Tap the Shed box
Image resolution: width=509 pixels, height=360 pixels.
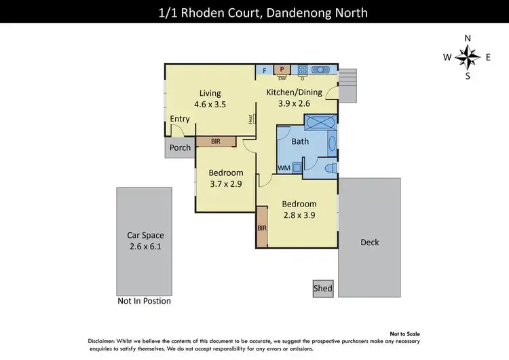tap(323, 288)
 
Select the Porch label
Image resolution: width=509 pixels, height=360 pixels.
tap(180, 147)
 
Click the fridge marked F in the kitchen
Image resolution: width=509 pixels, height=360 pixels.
tap(264, 70)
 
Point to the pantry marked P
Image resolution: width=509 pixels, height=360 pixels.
tap(282, 69)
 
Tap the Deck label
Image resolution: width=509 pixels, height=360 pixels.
tap(370, 242)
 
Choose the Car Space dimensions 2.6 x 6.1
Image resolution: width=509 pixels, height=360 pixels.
tap(144, 247)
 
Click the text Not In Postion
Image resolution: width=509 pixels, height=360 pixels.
tap(144, 301)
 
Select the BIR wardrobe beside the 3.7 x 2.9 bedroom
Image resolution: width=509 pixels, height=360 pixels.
tap(215, 142)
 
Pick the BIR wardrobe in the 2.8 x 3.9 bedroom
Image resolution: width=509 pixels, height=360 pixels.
tap(262, 228)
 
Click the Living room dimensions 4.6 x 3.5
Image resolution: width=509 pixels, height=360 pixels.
tap(210, 105)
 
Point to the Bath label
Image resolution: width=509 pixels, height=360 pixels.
tap(300, 142)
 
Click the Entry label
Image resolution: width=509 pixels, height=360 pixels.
tap(180, 119)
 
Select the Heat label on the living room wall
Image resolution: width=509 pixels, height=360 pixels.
tap(250, 119)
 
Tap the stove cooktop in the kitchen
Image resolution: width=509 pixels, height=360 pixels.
tap(302, 69)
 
